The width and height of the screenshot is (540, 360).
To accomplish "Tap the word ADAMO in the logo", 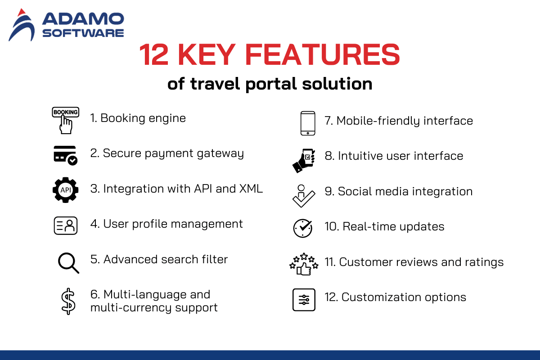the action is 83,19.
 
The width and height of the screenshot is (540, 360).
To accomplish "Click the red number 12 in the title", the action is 153,54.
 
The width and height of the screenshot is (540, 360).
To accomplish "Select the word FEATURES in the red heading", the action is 322,54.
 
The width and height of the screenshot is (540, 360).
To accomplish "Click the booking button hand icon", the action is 66,120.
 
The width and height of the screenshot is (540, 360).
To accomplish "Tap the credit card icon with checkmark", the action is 65,156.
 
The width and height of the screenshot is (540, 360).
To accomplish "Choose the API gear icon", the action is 66,190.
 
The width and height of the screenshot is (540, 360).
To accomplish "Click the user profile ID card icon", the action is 66,225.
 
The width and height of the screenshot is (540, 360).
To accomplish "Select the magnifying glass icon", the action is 68,263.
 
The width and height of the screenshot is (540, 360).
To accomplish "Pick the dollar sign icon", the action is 68,301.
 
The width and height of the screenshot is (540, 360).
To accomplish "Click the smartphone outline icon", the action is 308,123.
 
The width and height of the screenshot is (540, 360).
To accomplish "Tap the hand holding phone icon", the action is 304,161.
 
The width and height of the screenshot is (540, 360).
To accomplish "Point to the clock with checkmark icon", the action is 303,228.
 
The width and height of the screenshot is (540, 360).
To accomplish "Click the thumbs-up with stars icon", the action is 304,264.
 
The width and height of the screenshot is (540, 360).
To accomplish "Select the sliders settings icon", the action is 304,300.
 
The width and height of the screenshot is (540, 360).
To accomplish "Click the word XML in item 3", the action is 251,189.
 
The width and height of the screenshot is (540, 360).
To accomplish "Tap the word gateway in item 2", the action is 220,154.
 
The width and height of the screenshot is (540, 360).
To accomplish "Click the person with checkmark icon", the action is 303,196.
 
